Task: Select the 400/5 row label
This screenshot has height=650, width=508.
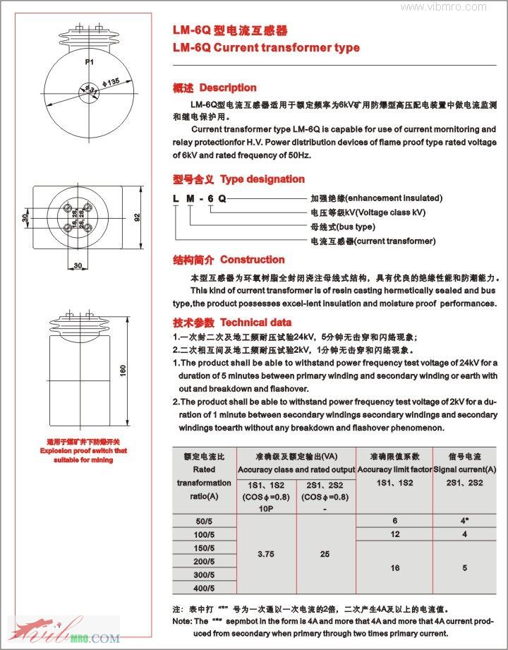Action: click(203, 587)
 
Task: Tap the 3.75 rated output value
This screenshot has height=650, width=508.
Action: click(265, 554)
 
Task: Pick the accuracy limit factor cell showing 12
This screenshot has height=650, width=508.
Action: click(394, 534)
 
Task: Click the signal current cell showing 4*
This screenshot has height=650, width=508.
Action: click(464, 520)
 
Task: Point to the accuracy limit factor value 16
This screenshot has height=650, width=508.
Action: click(394, 567)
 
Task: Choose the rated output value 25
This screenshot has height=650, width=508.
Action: click(325, 554)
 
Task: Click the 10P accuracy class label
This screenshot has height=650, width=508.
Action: click(265, 507)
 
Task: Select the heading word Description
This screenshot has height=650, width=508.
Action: click(228, 88)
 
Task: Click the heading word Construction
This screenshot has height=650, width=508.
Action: click(252, 260)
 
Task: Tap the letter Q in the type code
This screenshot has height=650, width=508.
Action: click(223, 198)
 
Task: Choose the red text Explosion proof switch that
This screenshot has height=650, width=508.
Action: click(83, 450)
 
